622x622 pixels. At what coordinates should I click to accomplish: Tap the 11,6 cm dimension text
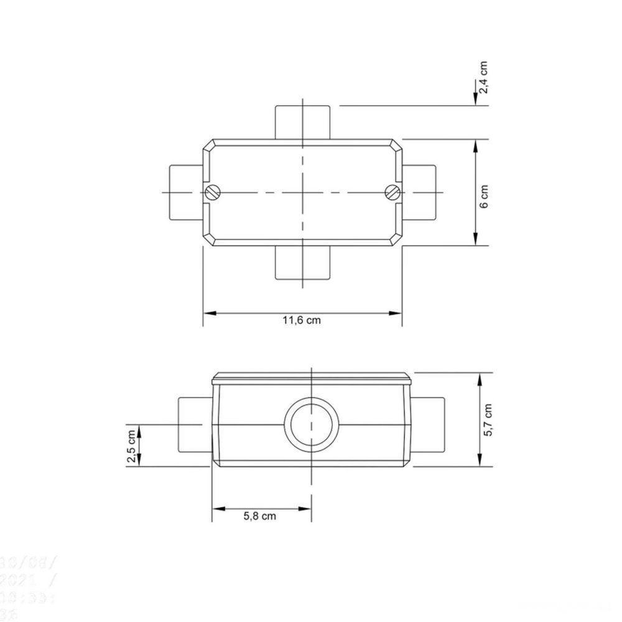point(302,321)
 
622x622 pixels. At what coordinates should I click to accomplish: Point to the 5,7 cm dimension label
point(488,420)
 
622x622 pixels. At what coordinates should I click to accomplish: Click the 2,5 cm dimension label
point(131,445)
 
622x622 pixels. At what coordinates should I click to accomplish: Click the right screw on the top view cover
point(392,192)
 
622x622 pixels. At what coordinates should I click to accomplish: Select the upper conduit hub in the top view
point(302,122)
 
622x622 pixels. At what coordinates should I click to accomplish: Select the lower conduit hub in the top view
point(302,262)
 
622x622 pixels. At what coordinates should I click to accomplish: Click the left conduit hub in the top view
point(185,192)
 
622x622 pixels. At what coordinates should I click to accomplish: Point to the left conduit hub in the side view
point(195,424)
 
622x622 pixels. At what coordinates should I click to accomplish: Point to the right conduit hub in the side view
point(429,424)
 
